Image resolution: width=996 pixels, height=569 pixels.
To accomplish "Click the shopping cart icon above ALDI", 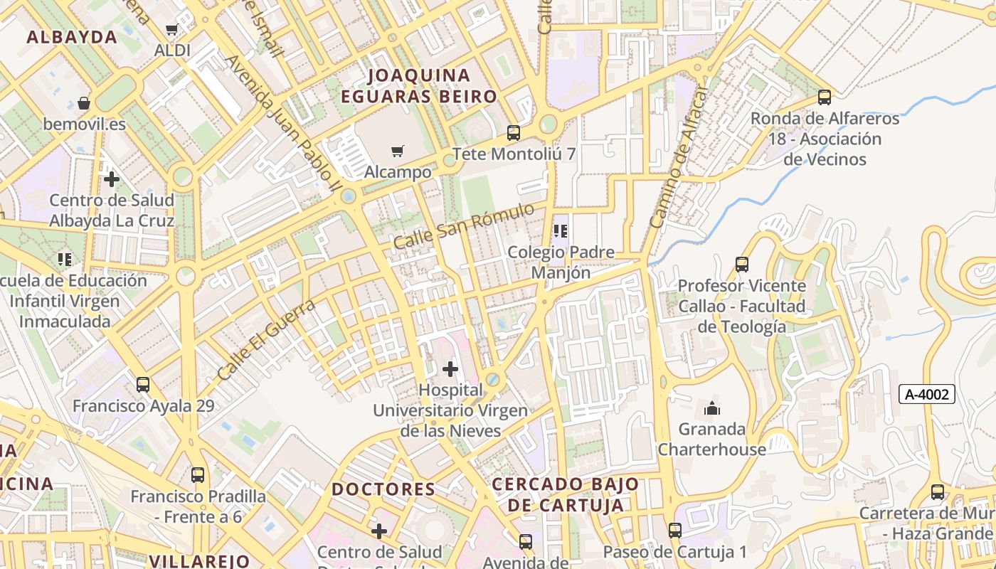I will click(x=171, y=30).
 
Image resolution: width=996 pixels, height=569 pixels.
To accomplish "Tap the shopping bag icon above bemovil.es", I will click(x=84, y=103).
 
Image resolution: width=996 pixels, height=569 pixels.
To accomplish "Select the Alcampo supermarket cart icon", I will click(x=398, y=151).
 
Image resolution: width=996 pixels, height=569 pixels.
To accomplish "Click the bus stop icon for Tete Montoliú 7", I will click(x=513, y=132).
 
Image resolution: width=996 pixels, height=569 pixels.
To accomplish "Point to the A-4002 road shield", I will click(x=926, y=394).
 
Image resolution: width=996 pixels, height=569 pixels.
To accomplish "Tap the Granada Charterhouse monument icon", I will click(x=711, y=408).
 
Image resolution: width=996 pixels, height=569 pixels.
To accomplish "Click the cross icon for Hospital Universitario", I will click(x=450, y=368).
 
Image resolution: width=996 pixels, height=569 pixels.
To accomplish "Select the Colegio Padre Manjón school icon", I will click(x=561, y=231).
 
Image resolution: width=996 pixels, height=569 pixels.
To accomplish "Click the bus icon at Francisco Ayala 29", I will click(x=143, y=385).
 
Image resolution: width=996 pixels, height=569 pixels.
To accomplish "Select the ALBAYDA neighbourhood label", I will click(x=71, y=38).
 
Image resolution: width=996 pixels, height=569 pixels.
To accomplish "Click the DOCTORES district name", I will click(x=383, y=489).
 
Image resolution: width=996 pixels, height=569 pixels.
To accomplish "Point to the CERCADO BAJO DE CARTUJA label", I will click(x=566, y=494).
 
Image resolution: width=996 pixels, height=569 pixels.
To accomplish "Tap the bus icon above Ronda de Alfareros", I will click(x=825, y=97).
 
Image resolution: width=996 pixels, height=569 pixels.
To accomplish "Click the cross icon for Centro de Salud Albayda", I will click(x=112, y=179).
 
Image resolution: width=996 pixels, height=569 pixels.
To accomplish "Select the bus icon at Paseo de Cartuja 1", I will click(x=674, y=530).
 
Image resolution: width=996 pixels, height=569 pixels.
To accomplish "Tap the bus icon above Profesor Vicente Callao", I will click(x=742, y=265).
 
